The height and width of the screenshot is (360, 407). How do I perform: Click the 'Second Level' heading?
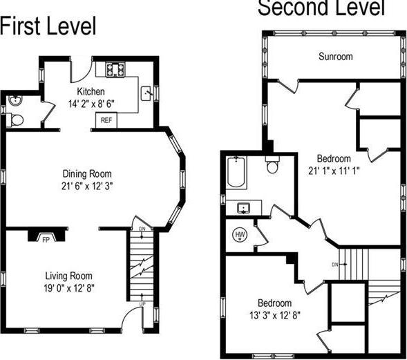(321, 8)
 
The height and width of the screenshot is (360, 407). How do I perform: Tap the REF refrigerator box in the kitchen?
(106, 120)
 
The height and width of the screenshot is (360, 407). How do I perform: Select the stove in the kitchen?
(115, 69)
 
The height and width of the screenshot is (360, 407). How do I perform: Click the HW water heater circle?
(241, 235)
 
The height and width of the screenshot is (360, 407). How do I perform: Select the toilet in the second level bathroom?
(272, 165)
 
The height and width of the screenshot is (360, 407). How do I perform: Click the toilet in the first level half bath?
(17, 119)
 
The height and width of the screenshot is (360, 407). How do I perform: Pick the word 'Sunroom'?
(336, 57)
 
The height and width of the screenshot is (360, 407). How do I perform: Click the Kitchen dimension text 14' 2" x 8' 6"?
(91, 104)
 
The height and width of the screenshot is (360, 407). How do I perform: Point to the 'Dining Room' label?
(87, 173)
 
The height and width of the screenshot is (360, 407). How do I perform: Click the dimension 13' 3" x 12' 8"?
(274, 314)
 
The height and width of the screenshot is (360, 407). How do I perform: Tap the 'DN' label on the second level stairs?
(334, 264)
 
